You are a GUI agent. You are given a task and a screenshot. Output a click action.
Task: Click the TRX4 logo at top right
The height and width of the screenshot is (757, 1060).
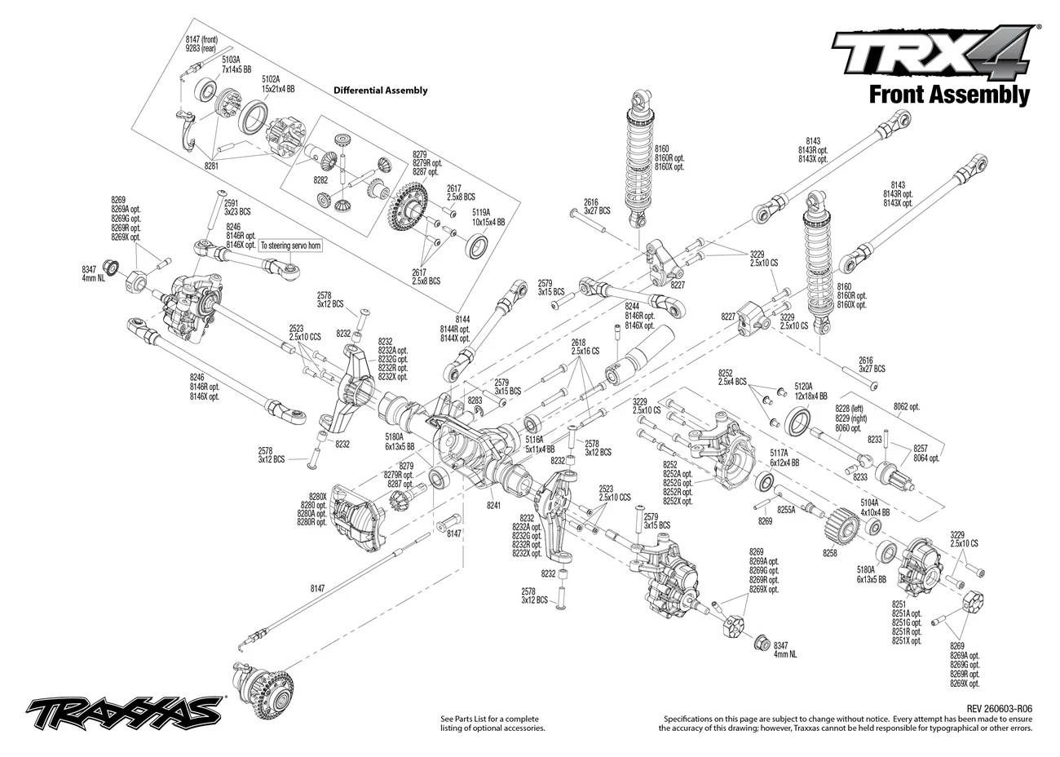point(931,55)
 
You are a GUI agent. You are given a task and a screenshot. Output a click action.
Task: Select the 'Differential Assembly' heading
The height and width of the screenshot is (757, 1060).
point(381,91)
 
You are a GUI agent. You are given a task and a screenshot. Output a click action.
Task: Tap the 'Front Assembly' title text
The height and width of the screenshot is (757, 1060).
point(950,95)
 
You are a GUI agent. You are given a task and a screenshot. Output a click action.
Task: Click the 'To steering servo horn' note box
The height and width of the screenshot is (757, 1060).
point(290,246)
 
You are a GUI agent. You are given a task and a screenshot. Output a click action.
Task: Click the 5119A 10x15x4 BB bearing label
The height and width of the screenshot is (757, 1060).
point(488,217)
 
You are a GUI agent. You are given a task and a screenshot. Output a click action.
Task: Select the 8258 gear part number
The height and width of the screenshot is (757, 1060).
point(830,552)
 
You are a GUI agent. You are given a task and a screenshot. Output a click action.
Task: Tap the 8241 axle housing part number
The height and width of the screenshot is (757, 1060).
point(493,506)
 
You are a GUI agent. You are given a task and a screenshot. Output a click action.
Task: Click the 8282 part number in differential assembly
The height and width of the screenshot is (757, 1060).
point(320,180)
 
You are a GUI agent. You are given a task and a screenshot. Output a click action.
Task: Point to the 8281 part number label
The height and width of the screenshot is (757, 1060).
point(211,166)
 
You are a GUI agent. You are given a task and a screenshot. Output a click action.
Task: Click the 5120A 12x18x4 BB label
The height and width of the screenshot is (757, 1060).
point(811,392)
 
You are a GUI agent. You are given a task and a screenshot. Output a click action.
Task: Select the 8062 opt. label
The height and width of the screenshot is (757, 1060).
point(906,407)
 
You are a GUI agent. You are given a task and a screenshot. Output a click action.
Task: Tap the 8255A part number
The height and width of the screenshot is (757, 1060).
point(787,510)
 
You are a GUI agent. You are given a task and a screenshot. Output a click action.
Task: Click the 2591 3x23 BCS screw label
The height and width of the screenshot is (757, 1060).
point(237,208)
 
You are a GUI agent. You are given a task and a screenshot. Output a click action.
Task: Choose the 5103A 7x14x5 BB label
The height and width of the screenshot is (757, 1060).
point(236,65)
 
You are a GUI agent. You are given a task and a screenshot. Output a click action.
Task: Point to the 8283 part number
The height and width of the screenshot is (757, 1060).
point(475,401)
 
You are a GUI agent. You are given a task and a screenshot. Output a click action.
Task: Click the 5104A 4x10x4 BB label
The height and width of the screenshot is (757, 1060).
point(876,507)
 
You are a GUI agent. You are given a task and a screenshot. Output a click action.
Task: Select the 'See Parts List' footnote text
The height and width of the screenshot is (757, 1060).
point(492,724)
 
